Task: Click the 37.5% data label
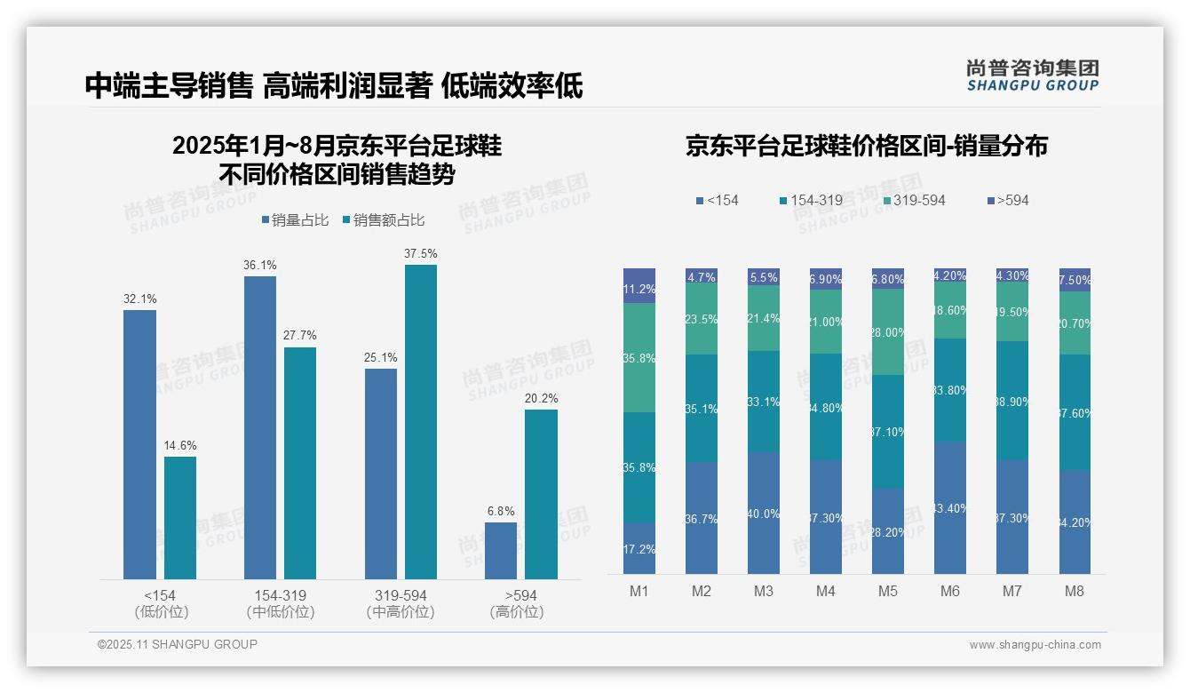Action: coord(420,253)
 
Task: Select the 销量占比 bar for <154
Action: coord(139,444)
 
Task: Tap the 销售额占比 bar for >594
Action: coord(541,494)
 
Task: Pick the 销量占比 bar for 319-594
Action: coord(381,474)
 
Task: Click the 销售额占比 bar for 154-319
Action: coord(300,463)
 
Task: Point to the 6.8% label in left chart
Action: coord(501,511)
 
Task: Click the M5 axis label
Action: coord(888,591)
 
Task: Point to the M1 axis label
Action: coord(639,591)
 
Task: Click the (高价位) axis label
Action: coord(516,611)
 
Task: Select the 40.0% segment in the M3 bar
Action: coord(764,513)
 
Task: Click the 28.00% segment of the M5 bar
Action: coord(888,331)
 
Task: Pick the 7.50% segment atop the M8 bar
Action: coord(1075,279)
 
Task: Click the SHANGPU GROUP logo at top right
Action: coord(1032,76)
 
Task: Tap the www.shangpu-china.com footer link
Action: coord(1035,644)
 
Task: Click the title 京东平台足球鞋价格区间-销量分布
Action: coord(866,146)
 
